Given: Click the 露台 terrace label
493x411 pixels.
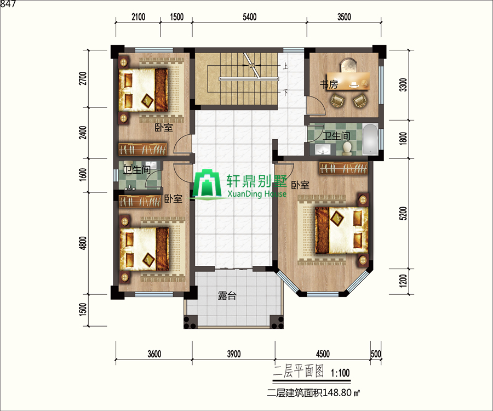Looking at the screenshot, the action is pyautogui.click(x=227, y=295).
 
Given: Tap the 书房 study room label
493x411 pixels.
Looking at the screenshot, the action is pyautogui.click(x=329, y=84).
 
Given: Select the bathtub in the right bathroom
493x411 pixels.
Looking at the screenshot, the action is pyautogui.click(x=370, y=139).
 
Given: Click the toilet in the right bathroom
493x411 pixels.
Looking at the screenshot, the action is pyautogui.click(x=347, y=149).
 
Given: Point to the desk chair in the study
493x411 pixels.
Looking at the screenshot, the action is pyautogui.click(x=348, y=65).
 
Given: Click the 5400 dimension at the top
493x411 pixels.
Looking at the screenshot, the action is pyautogui.click(x=249, y=17).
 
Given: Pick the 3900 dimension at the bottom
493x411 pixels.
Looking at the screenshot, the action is pyautogui.click(x=233, y=354).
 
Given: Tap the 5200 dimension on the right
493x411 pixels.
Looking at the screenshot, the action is pyautogui.click(x=403, y=213).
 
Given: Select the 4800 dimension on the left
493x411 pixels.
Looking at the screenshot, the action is pyautogui.click(x=83, y=243).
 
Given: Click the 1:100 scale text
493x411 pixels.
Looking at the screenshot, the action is pyautogui.click(x=340, y=373).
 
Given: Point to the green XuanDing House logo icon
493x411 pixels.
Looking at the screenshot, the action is pyautogui.click(x=207, y=184).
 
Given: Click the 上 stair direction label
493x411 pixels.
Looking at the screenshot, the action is pyautogui.click(x=284, y=66).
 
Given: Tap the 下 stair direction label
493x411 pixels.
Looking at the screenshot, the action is pyautogui.click(x=284, y=93).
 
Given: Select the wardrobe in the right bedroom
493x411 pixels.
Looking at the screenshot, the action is pyautogui.click(x=343, y=168).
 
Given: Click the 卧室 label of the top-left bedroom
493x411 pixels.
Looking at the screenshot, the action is pyautogui.click(x=164, y=128).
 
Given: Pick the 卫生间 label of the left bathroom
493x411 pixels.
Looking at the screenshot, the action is pyautogui.click(x=137, y=170).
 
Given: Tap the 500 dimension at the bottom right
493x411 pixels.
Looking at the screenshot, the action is pyautogui.click(x=376, y=354).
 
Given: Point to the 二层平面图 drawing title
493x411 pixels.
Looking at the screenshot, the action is pyautogui.click(x=299, y=372).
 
